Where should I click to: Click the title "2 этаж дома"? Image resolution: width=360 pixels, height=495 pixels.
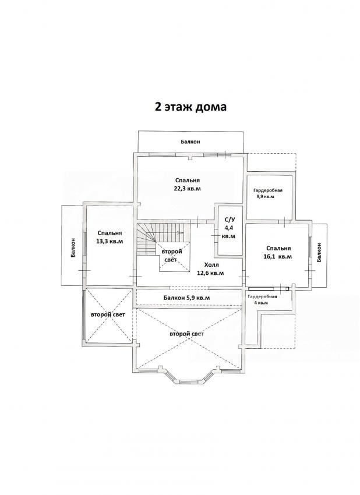[x=190, y=107]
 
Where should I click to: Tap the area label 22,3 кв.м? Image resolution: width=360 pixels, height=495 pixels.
[x=188, y=189]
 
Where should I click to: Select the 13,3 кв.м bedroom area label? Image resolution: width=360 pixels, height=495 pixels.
[x=110, y=241]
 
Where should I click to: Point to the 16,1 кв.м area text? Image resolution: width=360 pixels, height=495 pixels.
[x=278, y=257]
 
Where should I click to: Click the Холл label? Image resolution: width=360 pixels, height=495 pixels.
[x=211, y=265]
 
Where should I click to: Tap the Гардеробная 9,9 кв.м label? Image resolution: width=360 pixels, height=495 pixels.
[x=267, y=193]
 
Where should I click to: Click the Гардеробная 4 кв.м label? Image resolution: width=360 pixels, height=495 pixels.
[x=262, y=299]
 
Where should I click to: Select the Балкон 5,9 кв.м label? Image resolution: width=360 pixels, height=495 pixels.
[x=186, y=298]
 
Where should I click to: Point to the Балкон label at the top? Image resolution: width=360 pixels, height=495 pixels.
[x=190, y=142]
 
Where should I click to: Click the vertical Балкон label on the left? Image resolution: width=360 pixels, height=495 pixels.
[x=73, y=248]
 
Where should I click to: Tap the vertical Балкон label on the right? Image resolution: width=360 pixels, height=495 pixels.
[x=319, y=252]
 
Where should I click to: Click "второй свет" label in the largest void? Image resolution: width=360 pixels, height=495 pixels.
[x=186, y=334]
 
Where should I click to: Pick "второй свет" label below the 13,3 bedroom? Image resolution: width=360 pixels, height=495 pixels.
[x=108, y=314]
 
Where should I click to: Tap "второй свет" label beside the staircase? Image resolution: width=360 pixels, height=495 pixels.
[x=171, y=256]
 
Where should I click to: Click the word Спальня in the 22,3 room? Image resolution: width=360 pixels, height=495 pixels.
[x=188, y=181]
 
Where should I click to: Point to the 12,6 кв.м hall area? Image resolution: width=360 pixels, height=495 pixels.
[x=210, y=273]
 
